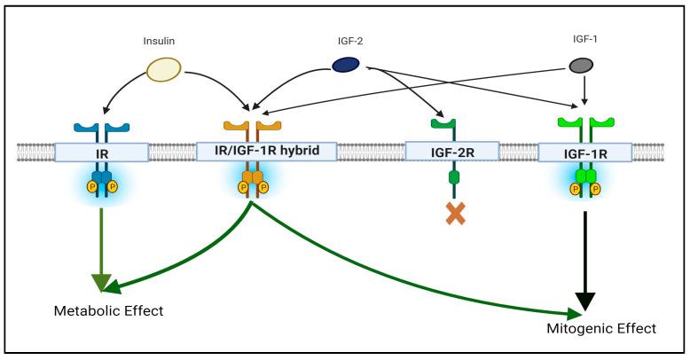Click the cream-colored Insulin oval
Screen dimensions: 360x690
tap(164, 70)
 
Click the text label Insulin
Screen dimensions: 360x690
tap(161, 40)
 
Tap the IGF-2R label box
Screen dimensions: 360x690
tap(449, 152)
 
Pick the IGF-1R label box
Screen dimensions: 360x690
tap(584, 152)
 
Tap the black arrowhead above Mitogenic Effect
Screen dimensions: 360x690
tap(584, 301)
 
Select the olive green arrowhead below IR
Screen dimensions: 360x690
tap(103, 281)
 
